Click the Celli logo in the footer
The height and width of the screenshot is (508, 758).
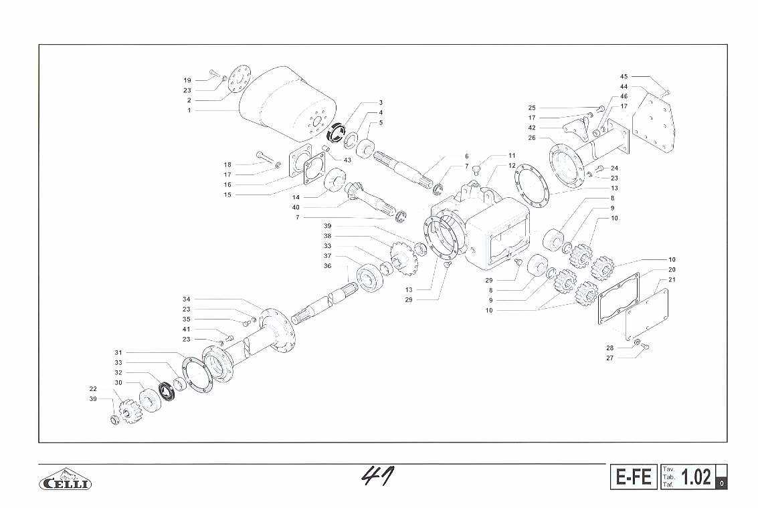tap(66, 479)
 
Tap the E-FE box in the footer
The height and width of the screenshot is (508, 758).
tap(634, 477)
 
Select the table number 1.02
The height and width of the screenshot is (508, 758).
tap(696, 477)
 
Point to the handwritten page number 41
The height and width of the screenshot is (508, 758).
tap(377, 476)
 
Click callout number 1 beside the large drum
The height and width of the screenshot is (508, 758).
tap(189, 110)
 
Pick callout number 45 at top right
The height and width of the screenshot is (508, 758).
tap(624, 76)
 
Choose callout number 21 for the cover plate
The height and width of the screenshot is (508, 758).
tap(672, 279)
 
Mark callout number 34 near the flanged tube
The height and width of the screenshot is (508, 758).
tap(187, 299)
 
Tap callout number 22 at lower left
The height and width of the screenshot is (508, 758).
tap(93, 389)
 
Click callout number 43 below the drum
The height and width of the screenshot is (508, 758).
tap(347, 160)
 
